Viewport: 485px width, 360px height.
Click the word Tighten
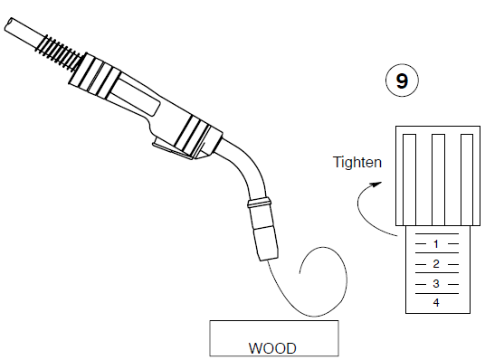point(358,163)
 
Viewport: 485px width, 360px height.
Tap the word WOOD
point(272,346)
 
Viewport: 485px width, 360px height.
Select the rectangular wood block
point(273,337)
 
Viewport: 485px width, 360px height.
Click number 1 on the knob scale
point(436,244)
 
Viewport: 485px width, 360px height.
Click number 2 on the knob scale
point(436,264)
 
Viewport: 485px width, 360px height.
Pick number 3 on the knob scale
point(436,284)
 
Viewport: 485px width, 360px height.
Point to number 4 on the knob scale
point(436,302)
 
